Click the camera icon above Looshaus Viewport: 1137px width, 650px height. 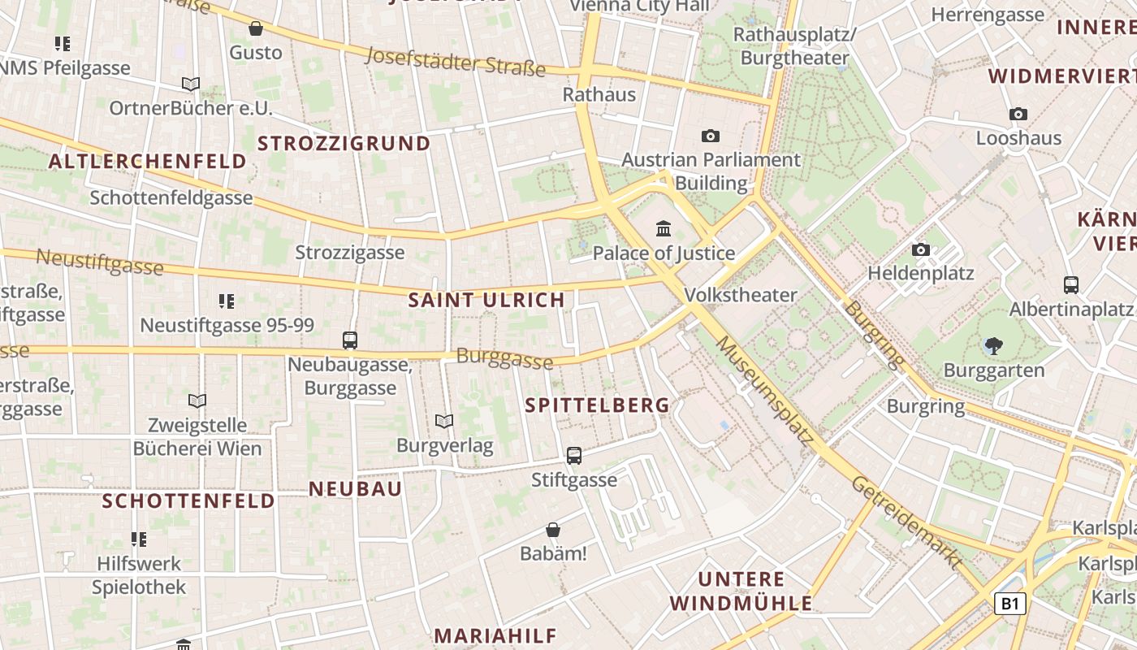point(1018,115)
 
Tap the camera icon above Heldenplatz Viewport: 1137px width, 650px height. point(921,250)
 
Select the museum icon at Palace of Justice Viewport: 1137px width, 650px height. point(664,228)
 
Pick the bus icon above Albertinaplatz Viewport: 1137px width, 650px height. point(1071,285)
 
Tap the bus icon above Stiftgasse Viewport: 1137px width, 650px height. point(574,456)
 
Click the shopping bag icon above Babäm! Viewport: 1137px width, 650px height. point(553,531)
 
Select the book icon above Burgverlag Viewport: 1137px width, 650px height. point(444,421)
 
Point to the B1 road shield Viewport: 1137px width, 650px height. point(1009,604)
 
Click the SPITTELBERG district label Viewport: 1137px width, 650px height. point(598,405)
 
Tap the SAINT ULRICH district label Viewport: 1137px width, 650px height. point(486,300)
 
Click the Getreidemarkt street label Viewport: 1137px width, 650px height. point(906,522)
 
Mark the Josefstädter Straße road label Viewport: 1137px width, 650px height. point(456,61)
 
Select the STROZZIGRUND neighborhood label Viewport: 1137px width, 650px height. point(344,144)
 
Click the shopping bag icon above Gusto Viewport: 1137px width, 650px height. point(256,29)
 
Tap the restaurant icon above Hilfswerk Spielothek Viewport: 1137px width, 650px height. point(139,539)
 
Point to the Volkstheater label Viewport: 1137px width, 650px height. point(741,295)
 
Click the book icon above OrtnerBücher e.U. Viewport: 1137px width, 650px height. point(191,84)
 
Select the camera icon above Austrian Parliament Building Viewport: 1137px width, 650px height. point(711,136)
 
